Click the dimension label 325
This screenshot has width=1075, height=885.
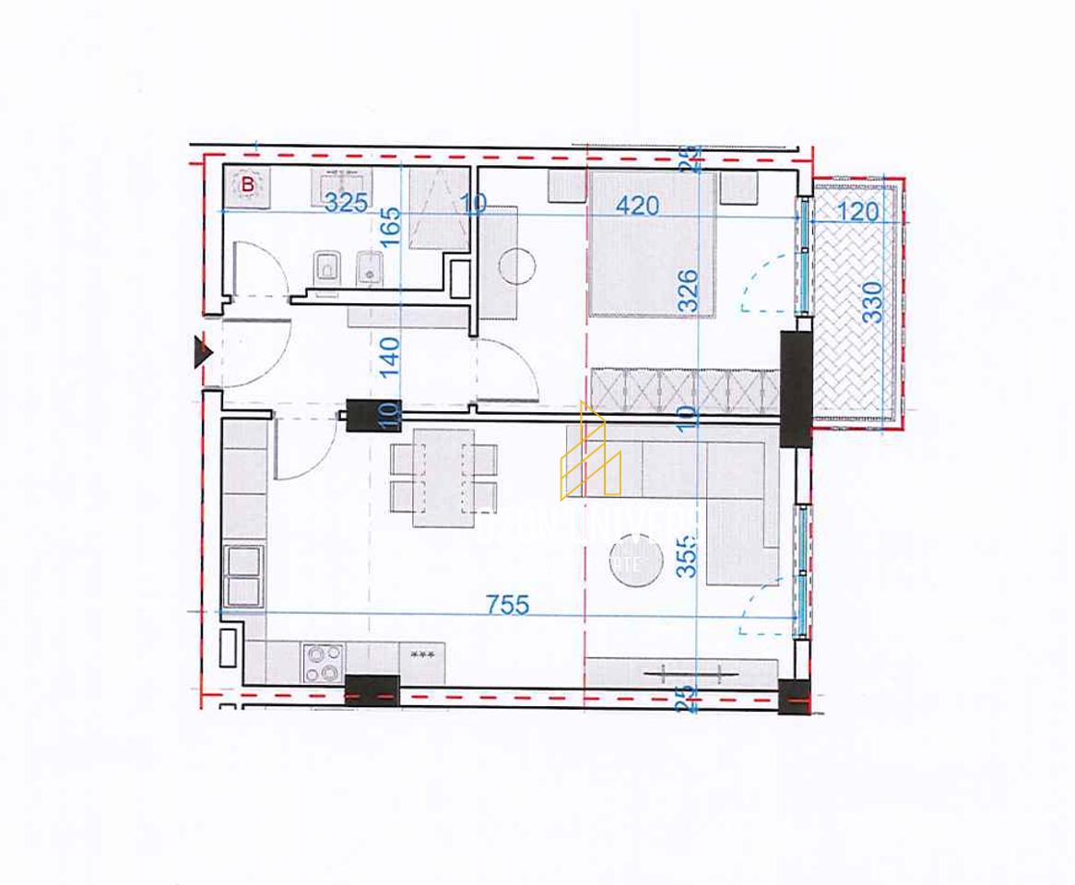coord(346,203)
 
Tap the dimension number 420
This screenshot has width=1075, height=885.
coord(638,205)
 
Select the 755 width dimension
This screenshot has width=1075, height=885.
coord(508,604)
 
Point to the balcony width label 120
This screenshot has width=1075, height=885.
coord(858,212)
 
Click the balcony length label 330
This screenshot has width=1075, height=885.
coord(872,301)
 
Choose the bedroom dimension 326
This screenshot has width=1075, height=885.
coord(688,289)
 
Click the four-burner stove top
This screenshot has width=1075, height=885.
coord(323,663)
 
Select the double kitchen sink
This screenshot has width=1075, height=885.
coord(243,575)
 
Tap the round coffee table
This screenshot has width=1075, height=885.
coord(635,560)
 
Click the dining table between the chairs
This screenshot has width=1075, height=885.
coord(443,478)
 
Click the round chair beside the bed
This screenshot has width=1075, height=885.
coord(516,266)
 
